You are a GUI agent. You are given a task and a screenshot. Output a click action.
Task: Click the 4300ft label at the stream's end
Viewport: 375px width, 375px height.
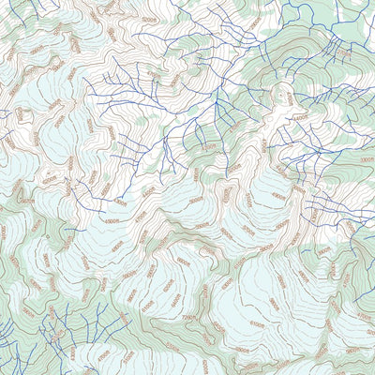[x=120, y=202]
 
